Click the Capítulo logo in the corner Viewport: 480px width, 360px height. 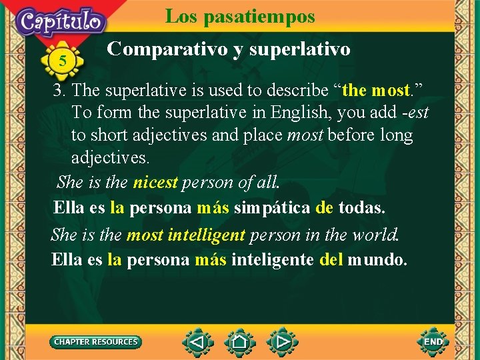tap(61, 21)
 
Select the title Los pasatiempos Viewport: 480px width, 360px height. tap(240, 16)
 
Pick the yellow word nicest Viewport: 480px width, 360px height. tap(155, 182)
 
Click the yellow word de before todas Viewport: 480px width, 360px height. tap(325, 207)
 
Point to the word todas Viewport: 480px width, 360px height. tap(361, 207)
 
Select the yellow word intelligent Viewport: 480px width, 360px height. tap(207, 235)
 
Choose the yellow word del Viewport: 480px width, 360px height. tap(331, 259)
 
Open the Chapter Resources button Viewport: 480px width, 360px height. tap(96, 342)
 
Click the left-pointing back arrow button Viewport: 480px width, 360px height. tap(197, 343)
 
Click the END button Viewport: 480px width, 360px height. tap(433, 342)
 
